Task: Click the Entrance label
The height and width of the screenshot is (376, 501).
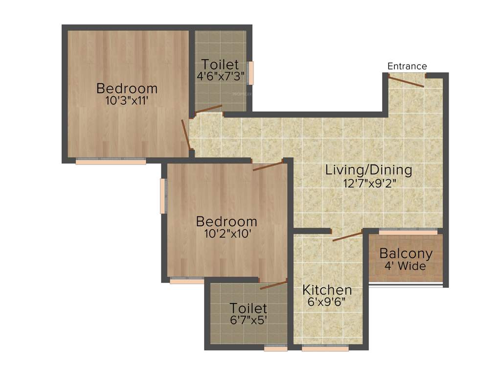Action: pyautogui.click(x=407, y=66)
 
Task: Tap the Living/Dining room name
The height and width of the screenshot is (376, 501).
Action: pyautogui.click(x=369, y=170)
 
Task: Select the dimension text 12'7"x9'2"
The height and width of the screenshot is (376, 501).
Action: pyautogui.click(x=369, y=184)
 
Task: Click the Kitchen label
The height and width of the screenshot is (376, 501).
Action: pyautogui.click(x=327, y=289)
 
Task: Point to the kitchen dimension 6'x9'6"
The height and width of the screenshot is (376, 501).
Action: pyautogui.click(x=327, y=302)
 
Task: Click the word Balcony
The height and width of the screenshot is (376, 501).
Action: pyautogui.click(x=406, y=254)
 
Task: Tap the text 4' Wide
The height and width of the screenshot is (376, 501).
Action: pyautogui.click(x=406, y=266)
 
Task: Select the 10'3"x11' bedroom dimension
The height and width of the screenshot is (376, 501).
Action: pyautogui.click(x=127, y=101)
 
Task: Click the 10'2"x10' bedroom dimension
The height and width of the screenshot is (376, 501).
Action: pyautogui.click(x=227, y=234)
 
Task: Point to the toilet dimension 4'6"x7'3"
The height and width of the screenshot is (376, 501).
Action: pyautogui.click(x=221, y=76)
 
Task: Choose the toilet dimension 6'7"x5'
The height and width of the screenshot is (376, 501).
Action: pyautogui.click(x=249, y=321)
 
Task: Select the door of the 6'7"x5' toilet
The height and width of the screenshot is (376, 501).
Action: pyautogui.click(x=273, y=285)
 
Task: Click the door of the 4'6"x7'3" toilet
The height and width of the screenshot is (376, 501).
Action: pyautogui.click(x=209, y=109)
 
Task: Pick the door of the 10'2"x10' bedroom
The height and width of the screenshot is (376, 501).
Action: pyautogui.click(x=268, y=165)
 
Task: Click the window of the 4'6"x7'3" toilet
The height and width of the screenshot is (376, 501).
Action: pyautogui.click(x=251, y=73)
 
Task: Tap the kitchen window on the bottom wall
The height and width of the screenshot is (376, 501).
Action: pyautogui.click(x=325, y=349)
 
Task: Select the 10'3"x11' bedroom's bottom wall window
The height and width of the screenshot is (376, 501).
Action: pyautogui.click(x=111, y=162)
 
